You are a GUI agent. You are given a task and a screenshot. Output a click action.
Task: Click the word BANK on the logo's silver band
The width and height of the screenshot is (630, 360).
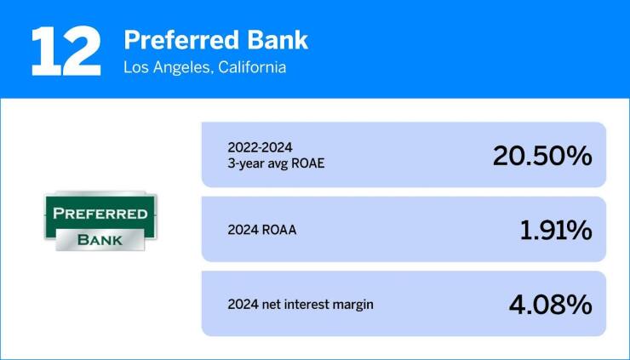coord(100,240)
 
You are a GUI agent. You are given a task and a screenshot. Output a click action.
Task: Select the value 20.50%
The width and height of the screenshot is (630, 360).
coord(541,156)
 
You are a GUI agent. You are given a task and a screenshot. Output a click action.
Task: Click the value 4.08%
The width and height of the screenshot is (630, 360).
coord(549,304)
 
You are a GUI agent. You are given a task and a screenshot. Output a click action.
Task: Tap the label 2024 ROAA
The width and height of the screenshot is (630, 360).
coord(263,230)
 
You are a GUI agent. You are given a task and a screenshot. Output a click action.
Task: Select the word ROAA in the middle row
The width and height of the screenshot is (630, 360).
coord(280,230)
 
